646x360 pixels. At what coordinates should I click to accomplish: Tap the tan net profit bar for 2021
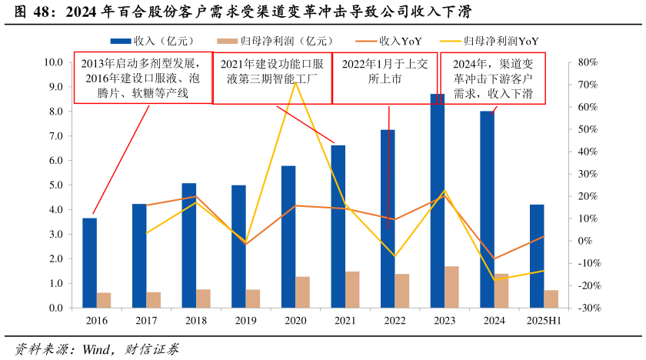click(352, 289)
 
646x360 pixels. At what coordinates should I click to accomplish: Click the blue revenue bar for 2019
click(239, 246)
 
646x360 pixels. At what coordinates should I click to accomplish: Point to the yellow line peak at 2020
click(295, 82)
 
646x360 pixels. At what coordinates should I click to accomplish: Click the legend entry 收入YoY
click(399, 40)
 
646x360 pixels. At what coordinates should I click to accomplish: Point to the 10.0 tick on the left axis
click(54, 62)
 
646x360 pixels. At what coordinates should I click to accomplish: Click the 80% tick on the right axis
click(588, 62)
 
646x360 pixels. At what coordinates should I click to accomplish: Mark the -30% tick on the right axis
click(588, 308)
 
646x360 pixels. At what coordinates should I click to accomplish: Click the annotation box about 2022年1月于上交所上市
click(385, 78)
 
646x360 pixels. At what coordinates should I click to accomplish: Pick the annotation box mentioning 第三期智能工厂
click(271, 78)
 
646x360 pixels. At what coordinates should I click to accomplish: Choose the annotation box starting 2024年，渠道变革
click(493, 78)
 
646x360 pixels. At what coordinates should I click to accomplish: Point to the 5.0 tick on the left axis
click(55, 185)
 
